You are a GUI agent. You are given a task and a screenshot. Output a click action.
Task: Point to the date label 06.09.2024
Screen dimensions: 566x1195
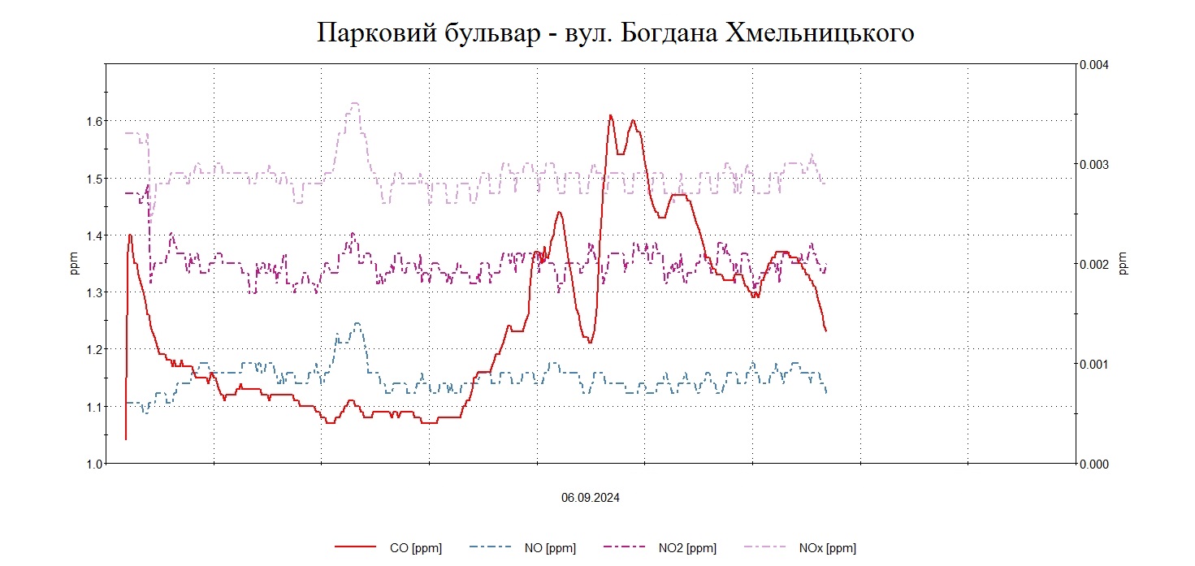tap(591, 498)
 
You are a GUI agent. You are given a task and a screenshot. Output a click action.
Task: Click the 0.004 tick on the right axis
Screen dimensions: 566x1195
tap(1094, 64)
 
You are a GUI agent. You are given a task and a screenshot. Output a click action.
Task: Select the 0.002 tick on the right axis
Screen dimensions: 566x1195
tap(1094, 264)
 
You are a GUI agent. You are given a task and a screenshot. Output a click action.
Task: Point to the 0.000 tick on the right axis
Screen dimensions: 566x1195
tap(1094, 464)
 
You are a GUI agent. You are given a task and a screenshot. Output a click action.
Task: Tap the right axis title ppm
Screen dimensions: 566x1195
tap(1124, 264)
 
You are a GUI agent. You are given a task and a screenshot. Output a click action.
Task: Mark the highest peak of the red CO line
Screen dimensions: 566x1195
tap(610, 115)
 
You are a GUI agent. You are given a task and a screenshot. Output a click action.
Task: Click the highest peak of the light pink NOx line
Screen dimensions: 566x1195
tap(355, 103)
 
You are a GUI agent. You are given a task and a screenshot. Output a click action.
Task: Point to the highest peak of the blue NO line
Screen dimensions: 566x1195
tap(357, 323)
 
